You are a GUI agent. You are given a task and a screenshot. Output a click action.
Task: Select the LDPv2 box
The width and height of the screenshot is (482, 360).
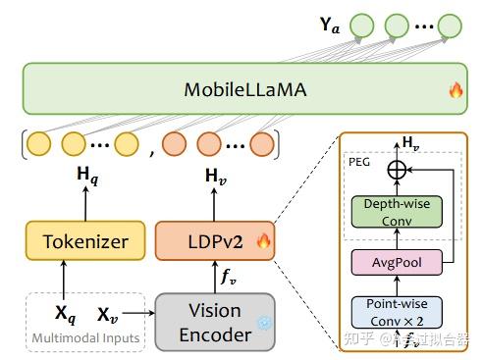coord(213,241)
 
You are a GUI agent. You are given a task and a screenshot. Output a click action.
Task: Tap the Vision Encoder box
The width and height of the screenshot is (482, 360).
coord(213,321)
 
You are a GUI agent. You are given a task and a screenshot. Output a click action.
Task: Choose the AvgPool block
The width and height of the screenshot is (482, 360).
coord(398,262)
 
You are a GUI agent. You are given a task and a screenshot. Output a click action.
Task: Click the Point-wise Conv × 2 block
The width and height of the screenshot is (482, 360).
coord(398,312)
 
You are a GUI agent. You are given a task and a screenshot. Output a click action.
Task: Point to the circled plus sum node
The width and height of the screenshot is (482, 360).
coord(398,169)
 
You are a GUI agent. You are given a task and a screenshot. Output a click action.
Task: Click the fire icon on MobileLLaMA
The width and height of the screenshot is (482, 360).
coord(455,90)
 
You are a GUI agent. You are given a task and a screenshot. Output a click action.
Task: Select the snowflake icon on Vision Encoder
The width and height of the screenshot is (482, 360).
coord(262,323)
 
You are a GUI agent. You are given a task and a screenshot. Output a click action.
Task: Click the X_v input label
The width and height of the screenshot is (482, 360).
coord(109,316)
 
